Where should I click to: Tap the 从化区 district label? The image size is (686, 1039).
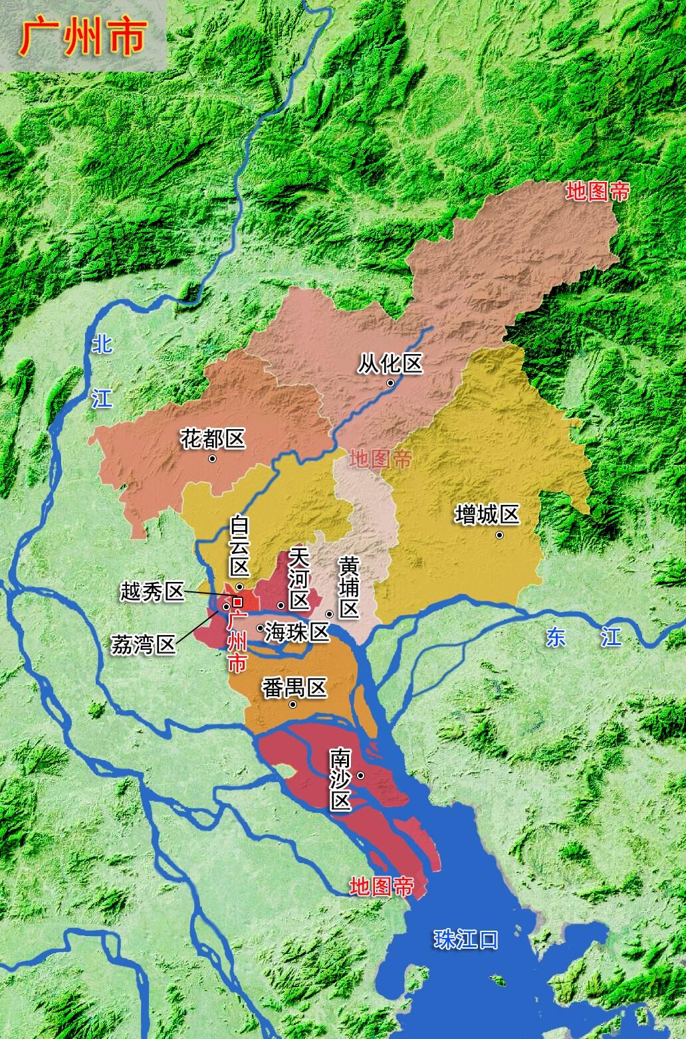tap(390, 363)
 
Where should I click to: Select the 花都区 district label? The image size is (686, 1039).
tap(213, 438)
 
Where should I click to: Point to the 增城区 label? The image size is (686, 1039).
tap(487, 515)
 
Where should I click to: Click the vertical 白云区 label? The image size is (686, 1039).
tap(239, 547)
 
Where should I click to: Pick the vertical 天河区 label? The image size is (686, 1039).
tap(299, 580)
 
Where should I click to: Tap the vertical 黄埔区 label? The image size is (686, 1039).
tap(348, 587)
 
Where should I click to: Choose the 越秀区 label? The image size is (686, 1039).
tap(152, 591)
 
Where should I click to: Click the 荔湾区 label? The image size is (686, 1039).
tap(143, 644)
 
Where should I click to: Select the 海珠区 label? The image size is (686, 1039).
tap(297, 632)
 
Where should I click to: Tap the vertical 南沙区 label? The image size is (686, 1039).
tap(341, 780)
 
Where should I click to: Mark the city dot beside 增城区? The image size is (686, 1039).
tap(499, 535)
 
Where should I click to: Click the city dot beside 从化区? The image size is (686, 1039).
tap(391, 383)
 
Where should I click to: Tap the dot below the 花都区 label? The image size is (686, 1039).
tap(212, 458)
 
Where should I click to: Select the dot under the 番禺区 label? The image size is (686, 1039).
tap(293, 704)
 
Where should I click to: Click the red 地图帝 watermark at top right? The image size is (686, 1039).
tap(598, 192)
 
